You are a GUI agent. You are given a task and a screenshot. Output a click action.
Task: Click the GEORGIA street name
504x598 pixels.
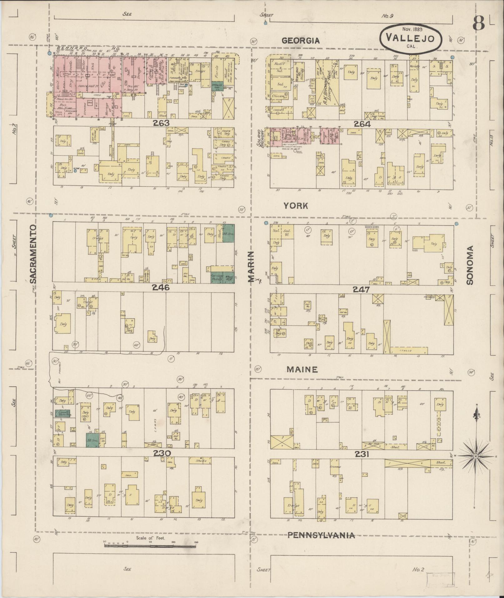coord(301,41)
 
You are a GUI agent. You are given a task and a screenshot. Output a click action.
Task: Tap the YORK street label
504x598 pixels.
coord(296,206)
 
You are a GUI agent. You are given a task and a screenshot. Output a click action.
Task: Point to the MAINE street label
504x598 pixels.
coord(302,369)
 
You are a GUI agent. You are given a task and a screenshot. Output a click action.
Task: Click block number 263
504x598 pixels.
coord(161,123)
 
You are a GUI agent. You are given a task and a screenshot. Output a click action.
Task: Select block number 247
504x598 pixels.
coord(362,289)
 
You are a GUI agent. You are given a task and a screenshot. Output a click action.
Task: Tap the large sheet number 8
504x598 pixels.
coord(478,23)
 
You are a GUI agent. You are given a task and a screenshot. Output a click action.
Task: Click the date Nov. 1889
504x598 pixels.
coord(412,29)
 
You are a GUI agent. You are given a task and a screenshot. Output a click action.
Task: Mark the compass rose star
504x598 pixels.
coord(475,456)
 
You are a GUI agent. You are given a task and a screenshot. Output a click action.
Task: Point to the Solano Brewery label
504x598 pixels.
coord(267,138)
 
